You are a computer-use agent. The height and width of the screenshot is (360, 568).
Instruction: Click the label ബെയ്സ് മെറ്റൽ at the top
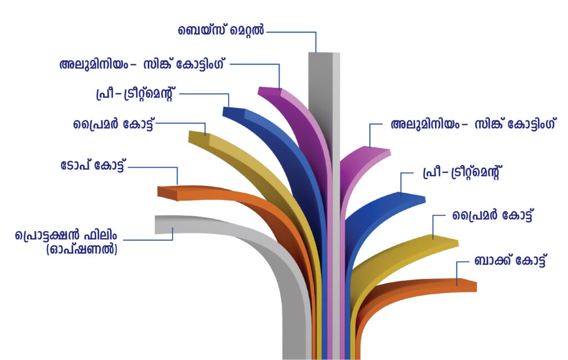coord(221,30)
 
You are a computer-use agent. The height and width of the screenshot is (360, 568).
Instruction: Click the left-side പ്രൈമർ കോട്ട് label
coord(113,124)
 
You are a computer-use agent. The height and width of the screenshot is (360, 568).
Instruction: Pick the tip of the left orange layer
coord(166,191)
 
